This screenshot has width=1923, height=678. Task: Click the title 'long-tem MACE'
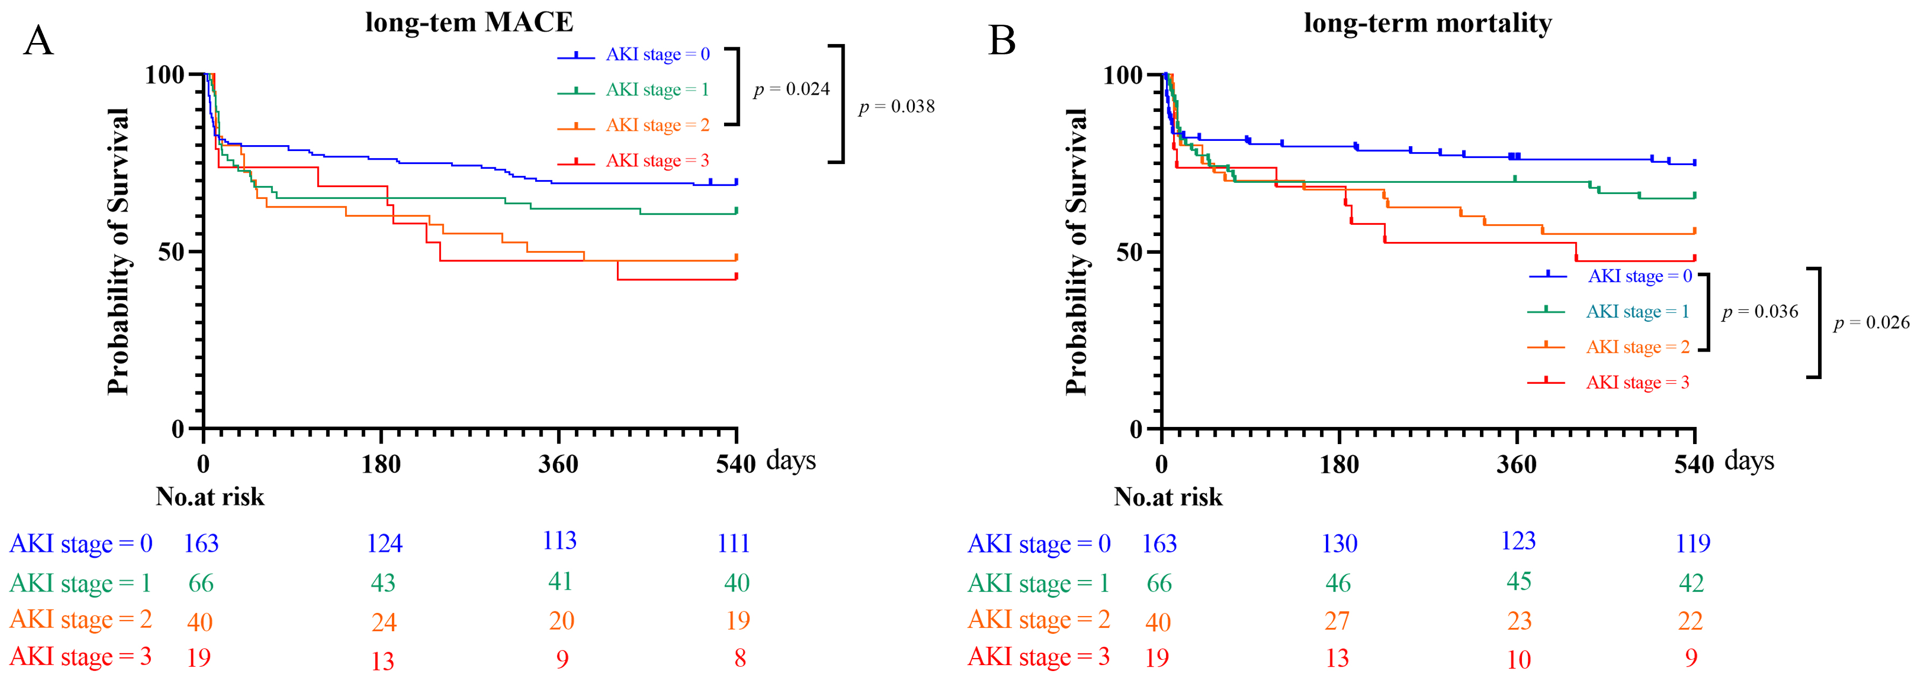tap(469, 23)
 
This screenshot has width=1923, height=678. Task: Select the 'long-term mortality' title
tap(1427, 23)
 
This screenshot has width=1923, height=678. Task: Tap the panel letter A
tap(38, 41)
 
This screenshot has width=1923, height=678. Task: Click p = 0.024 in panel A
tap(791, 89)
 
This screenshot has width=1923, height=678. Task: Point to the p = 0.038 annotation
tap(896, 106)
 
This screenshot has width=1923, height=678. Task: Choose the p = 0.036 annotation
tap(1759, 312)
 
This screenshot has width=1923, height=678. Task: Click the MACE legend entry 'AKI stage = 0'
tap(657, 54)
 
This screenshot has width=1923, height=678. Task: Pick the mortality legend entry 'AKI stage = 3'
tap(1637, 383)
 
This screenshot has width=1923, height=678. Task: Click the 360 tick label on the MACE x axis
tap(558, 465)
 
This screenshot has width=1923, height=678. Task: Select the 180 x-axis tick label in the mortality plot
tap(1339, 465)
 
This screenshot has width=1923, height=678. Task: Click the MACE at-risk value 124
tap(384, 543)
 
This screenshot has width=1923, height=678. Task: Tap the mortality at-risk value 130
tap(1339, 543)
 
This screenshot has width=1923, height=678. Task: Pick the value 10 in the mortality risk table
tap(1518, 659)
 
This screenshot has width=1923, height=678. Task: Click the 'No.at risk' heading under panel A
tap(210, 497)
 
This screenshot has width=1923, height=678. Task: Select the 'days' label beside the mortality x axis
tap(1749, 460)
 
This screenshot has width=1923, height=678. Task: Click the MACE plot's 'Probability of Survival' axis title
tap(118, 251)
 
